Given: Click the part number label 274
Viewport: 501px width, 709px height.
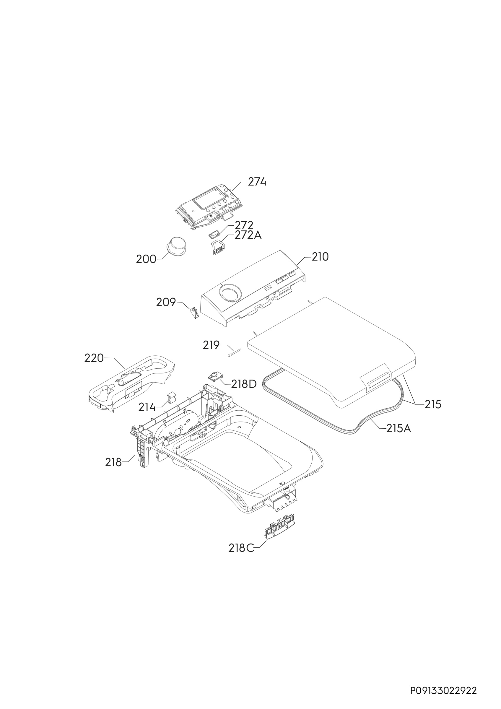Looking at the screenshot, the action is [x=257, y=182].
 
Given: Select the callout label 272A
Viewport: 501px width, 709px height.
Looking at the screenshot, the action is [x=248, y=235].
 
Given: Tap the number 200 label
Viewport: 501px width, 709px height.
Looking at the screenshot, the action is [x=146, y=259].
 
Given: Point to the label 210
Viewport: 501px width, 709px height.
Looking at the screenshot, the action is [x=320, y=257].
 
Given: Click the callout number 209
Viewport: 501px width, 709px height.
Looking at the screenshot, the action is [x=166, y=302].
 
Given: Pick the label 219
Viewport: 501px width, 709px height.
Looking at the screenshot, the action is [x=211, y=345].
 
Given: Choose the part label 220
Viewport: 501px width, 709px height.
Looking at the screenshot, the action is [x=94, y=358].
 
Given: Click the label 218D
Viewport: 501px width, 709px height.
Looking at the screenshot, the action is [x=244, y=384].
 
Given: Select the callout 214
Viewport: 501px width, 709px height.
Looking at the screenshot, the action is [x=147, y=407].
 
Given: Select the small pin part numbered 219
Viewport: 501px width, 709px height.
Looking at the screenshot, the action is [x=234, y=352].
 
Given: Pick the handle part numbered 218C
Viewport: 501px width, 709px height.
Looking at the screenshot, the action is [x=280, y=500].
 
